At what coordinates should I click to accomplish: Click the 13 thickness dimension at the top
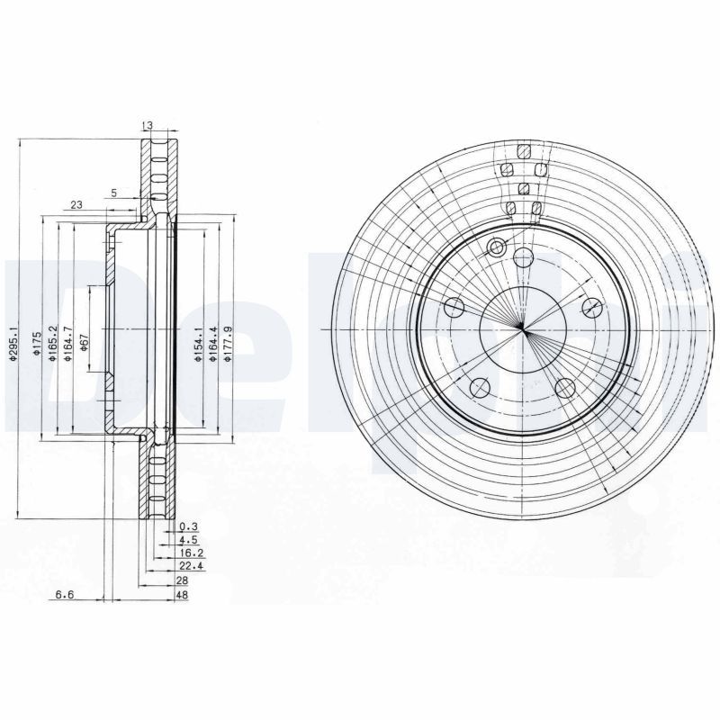pos(148,125)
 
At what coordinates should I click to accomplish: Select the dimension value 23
pos(76,205)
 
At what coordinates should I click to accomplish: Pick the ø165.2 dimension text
pos(53,344)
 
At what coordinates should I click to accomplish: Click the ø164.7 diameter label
pos(67,344)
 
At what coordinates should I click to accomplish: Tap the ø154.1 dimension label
pos(198,344)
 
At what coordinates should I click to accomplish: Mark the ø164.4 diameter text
pos(212,344)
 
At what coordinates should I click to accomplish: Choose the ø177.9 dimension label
pos(228,344)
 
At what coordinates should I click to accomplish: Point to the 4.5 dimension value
pos(187,542)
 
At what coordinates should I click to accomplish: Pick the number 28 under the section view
pos(184,582)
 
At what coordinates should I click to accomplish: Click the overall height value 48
pos(184,596)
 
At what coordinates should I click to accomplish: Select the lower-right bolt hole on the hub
pos(565,387)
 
